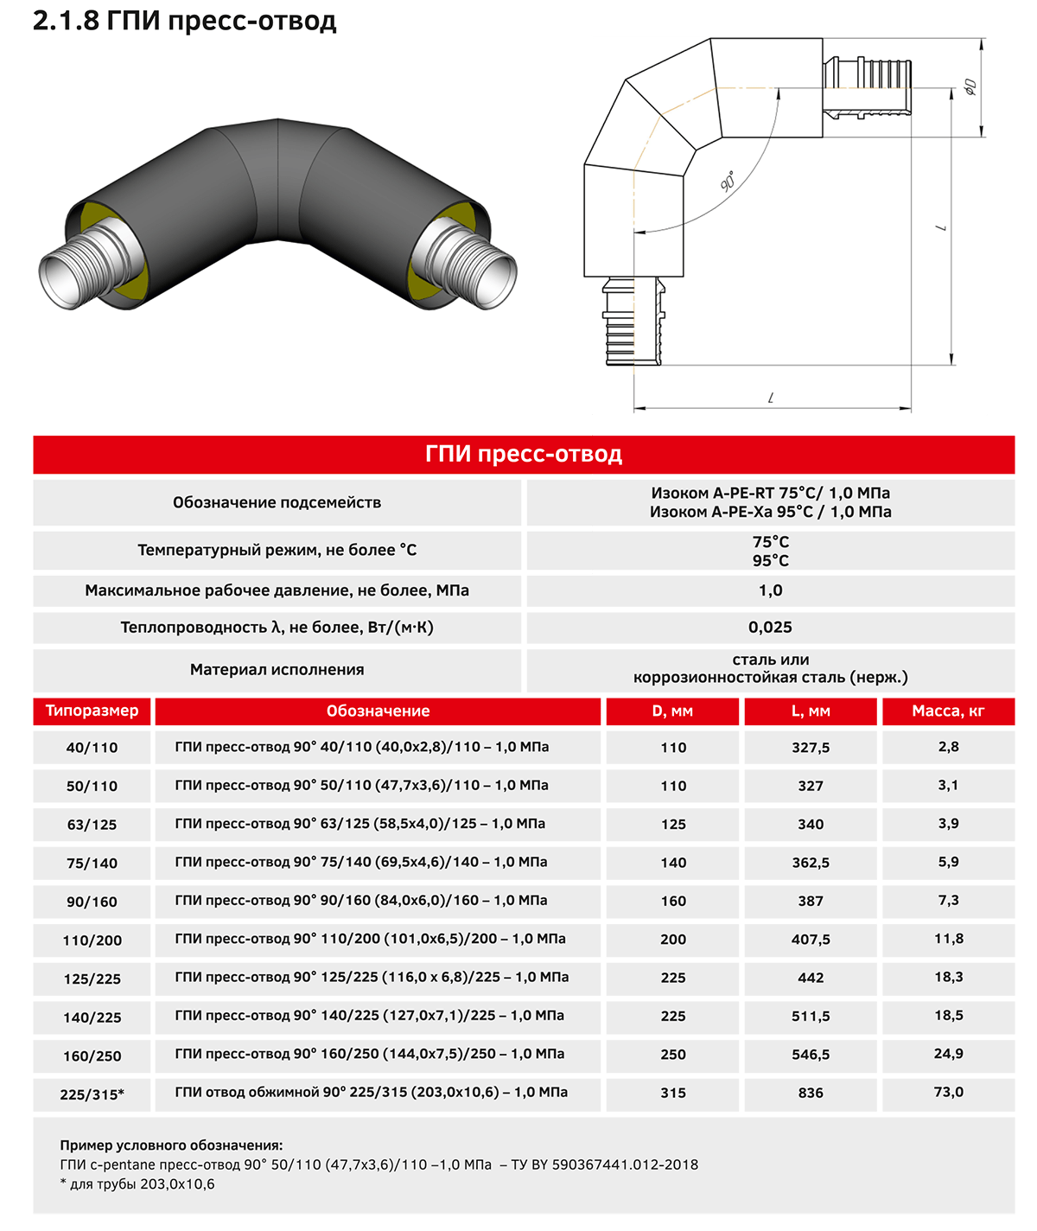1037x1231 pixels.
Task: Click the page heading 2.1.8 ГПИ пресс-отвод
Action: click(185, 22)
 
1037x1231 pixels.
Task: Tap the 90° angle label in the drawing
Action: click(728, 181)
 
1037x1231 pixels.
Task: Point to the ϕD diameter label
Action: click(970, 87)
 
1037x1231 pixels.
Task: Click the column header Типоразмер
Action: click(92, 711)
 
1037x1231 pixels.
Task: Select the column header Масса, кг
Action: click(948, 711)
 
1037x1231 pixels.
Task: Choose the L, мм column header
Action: click(811, 711)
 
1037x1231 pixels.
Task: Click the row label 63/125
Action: click(92, 824)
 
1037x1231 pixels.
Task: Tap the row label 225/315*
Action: click(92, 1094)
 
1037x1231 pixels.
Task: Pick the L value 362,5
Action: click(811, 863)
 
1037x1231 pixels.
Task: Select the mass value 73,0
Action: click(949, 1092)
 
